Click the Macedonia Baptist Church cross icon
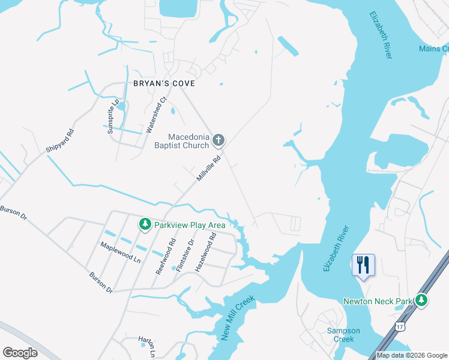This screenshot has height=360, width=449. click(218, 140)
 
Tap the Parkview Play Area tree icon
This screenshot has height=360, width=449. click(145, 224)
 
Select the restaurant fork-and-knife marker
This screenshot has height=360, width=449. click(363, 264)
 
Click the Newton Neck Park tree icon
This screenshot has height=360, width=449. click(422, 299)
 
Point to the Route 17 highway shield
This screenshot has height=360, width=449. click(400, 325)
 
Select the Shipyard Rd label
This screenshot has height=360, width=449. click(59, 142)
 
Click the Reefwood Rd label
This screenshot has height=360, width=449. click(166, 257)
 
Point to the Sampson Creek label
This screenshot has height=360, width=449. click(340, 335)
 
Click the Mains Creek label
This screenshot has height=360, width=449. click(433, 49)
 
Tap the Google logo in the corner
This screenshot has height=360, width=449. click(20, 352)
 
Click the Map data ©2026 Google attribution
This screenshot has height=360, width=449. click(412, 355)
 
